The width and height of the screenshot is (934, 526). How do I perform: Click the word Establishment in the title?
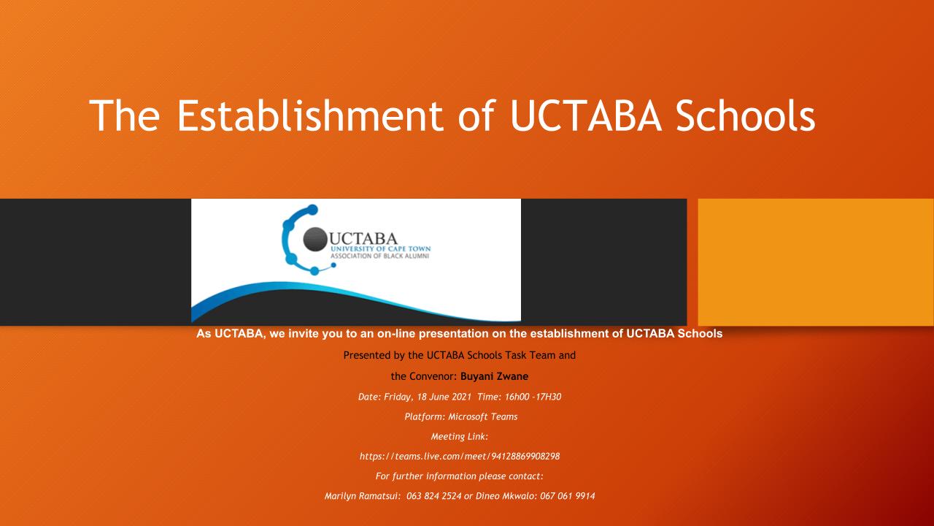310,115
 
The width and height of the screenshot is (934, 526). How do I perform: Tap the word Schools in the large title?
746,115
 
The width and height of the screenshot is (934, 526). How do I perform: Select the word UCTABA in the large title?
586,116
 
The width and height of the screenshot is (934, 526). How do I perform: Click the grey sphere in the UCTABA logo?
314,239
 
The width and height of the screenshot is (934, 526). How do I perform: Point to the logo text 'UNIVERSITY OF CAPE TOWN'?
380,249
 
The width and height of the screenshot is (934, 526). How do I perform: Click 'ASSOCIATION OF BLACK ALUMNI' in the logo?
379,256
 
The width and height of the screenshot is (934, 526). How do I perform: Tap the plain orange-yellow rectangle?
816,262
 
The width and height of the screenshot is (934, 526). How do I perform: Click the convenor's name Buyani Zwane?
494,376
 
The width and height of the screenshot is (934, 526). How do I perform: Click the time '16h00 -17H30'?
533,397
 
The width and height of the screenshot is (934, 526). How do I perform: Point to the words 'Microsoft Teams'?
483,416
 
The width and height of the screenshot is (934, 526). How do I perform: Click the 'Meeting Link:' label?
460,437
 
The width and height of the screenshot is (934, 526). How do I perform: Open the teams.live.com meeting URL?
460,457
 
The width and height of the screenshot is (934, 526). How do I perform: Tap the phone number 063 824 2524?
433,496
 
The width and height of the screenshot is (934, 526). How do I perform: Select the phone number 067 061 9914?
568,496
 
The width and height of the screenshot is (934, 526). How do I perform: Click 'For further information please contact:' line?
460,476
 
